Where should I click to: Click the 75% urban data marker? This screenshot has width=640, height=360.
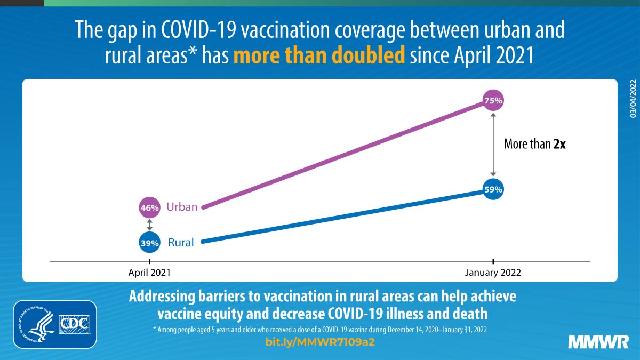(x=493, y=100)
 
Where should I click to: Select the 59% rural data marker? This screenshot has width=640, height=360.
(x=493, y=189)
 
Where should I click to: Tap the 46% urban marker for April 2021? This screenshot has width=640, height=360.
(x=150, y=207)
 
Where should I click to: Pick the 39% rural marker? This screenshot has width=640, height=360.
(x=150, y=243)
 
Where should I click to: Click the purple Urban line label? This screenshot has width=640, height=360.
(x=182, y=207)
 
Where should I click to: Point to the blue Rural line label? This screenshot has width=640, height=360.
(x=181, y=243)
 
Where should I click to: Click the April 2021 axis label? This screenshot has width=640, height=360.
(x=150, y=273)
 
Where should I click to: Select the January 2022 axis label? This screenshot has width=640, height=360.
(x=493, y=273)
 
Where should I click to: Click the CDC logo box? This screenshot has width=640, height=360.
(x=75, y=324)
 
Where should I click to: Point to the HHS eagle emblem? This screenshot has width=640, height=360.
(x=37, y=324)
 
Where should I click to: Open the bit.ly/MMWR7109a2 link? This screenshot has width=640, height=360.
(x=320, y=342)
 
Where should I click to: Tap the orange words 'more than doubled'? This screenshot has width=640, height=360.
(x=319, y=55)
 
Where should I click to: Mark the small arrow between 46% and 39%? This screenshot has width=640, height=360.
(x=150, y=225)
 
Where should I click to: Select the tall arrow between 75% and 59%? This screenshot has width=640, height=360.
(x=493, y=145)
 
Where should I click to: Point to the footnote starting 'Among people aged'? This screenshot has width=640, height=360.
(x=320, y=330)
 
